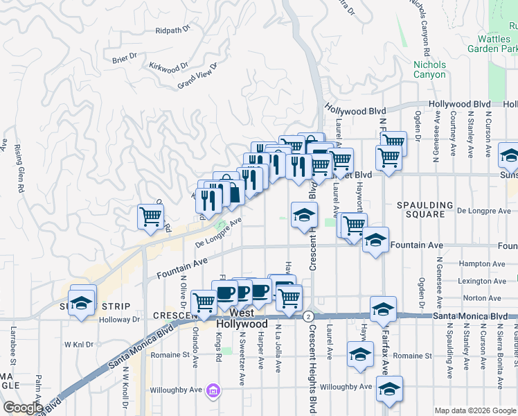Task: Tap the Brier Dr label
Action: (x=125, y=60)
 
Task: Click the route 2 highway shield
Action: (x=307, y=316)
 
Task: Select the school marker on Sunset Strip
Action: (x=82, y=304)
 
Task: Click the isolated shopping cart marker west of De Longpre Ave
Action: (x=151, y=216)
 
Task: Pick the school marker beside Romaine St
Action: (x=360, y=354)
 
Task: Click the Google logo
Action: (x=23, y=408)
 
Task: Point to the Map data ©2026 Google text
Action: (x=475, y=410)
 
